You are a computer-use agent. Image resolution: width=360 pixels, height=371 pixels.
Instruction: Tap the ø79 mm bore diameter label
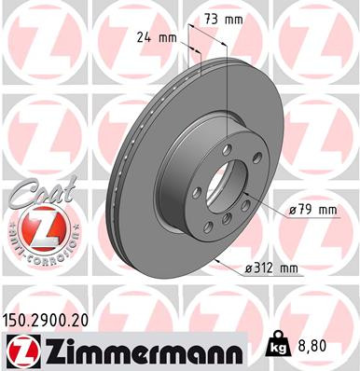(x=312, y=211)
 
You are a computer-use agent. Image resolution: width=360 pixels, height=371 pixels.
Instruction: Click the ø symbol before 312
(x=249, y=269)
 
